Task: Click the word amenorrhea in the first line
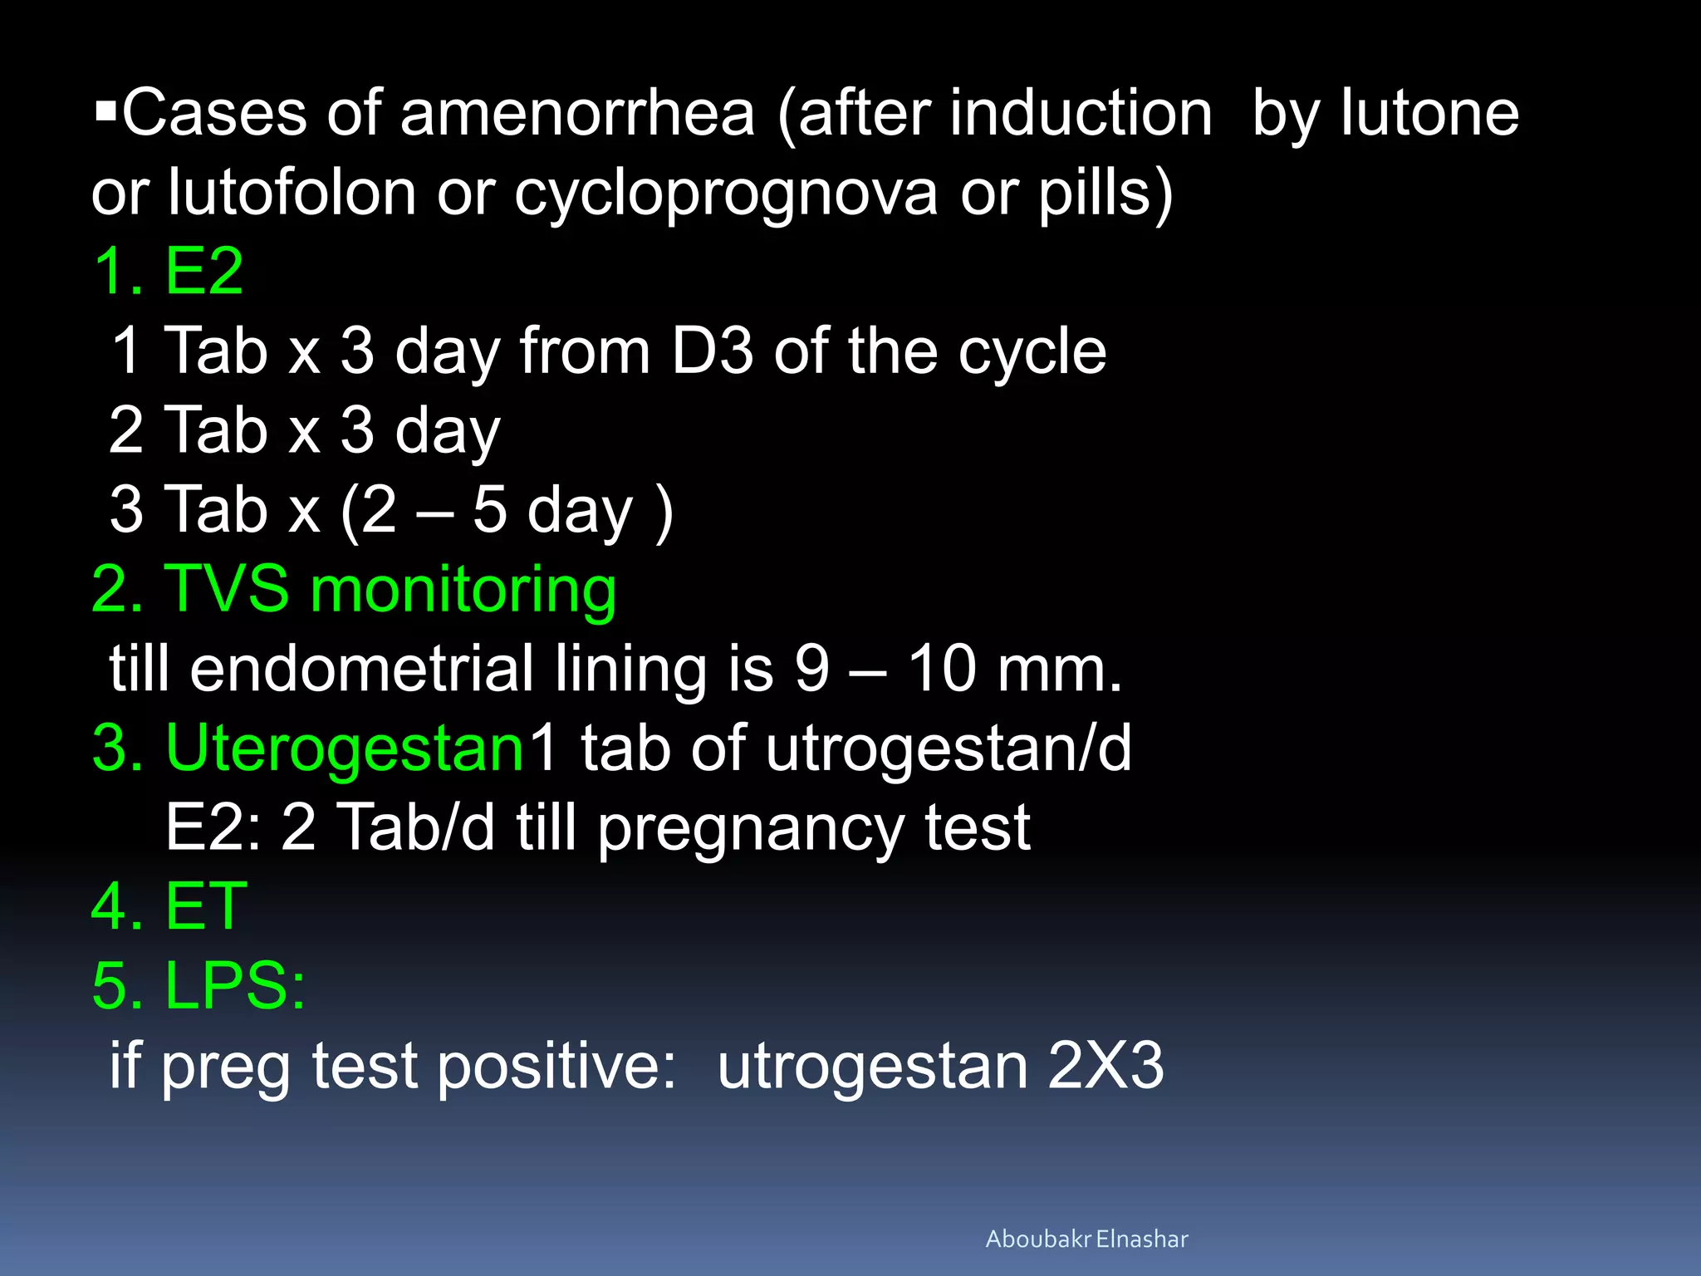[577, 114]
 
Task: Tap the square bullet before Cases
[105, 110]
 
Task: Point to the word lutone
[1430, 114]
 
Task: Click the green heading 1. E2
[169, 271]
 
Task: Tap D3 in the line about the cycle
[712, 351]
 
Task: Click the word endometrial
[362, 669]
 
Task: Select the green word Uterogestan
[345, 748]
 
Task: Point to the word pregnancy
[751, 829]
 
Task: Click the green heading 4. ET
[169, 906]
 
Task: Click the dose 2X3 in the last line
[1105, 1066]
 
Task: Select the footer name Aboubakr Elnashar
[1086, 1239]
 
